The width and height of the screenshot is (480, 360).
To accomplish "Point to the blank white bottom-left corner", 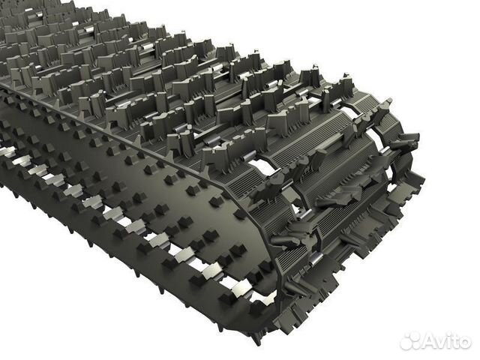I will (x=22, y=337).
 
